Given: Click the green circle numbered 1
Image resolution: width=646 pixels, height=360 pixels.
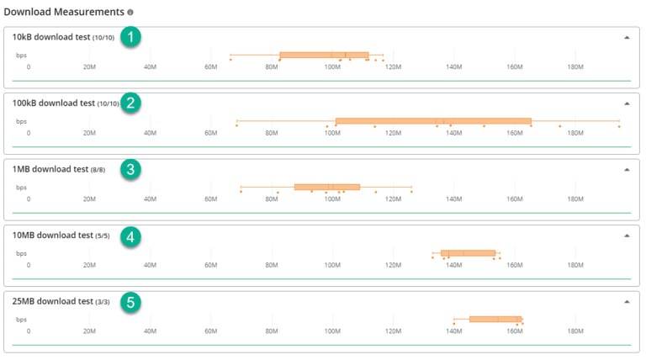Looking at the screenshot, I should point(130,37).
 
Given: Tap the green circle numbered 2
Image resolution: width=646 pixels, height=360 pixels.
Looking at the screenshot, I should point(130,103).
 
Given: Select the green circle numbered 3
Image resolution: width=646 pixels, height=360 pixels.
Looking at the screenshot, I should point(130,169).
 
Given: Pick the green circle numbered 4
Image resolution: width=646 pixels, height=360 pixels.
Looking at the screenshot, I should point(130,236).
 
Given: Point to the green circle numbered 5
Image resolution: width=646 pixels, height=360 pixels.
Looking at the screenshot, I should point(130,301).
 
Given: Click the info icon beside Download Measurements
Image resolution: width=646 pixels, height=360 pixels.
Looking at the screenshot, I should point(130,13).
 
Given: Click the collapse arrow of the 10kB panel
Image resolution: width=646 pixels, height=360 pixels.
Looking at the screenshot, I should point(627,38).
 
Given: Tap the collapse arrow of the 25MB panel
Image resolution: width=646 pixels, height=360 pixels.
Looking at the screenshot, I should point(627,301).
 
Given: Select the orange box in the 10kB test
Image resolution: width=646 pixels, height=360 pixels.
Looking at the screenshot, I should point(324,56).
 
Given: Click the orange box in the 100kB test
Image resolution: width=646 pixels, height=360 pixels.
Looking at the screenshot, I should point(433,121).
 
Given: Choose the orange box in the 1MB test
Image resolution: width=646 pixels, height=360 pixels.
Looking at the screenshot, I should point(327,187).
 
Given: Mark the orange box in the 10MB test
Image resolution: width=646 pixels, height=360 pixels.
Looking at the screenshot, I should point(468,252).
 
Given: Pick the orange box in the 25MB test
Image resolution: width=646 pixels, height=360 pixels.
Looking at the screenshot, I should point(495,319).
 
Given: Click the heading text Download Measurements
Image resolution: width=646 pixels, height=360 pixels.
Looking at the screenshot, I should point(64,13).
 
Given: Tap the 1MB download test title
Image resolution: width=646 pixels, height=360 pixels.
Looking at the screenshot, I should point(50,169).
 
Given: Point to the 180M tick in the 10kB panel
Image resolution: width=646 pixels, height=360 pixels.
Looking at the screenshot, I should point(576,66).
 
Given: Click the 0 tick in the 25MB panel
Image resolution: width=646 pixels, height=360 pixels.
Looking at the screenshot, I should point(28,330).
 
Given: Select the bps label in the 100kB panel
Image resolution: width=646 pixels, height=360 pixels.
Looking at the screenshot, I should point(21,121).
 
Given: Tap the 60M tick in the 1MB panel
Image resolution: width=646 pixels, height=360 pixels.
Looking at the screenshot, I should point(211,199).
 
